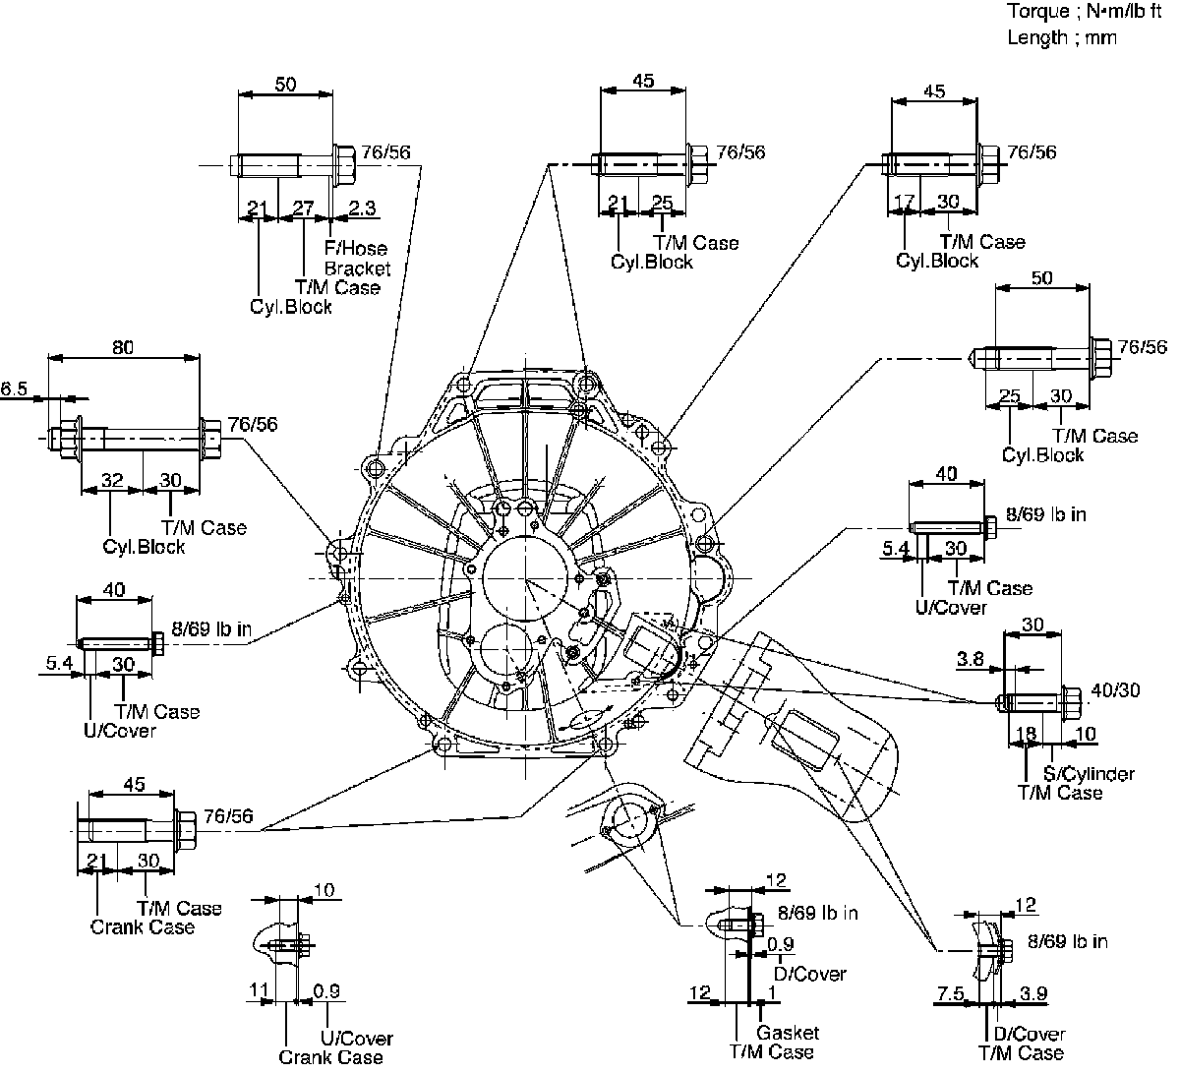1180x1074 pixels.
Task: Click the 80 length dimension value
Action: pyautogui.click(x=123, y=347)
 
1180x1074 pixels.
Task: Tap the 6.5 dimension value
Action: pyautogui.click(x=15, y=389)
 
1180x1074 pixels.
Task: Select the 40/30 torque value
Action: pyautogui.click(x=1116, y=690)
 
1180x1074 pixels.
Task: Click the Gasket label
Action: pyautogui.click(x=787, y=1033)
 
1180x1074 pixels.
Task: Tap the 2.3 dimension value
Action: pyautogui.click(x=363, y=209)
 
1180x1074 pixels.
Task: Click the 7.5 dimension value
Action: pyautogui.click(x=950, y=994)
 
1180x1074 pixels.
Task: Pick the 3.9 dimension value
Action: pyautogui.click(x=1033, y=994)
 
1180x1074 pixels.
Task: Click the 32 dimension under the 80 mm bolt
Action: pyautogui.click(x=113, y=480)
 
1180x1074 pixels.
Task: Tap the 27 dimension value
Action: pyautogui.click(x=304, y=209)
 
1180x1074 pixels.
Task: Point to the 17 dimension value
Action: pyautogui.click(x=904, y=202)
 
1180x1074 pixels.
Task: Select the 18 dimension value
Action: pyautogui.click(x=1025, y=734)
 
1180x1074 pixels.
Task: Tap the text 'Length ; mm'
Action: pyautogui.click(x=1062, y=37)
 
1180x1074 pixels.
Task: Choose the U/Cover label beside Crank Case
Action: pyautogui.click(x=357, y=1039)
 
